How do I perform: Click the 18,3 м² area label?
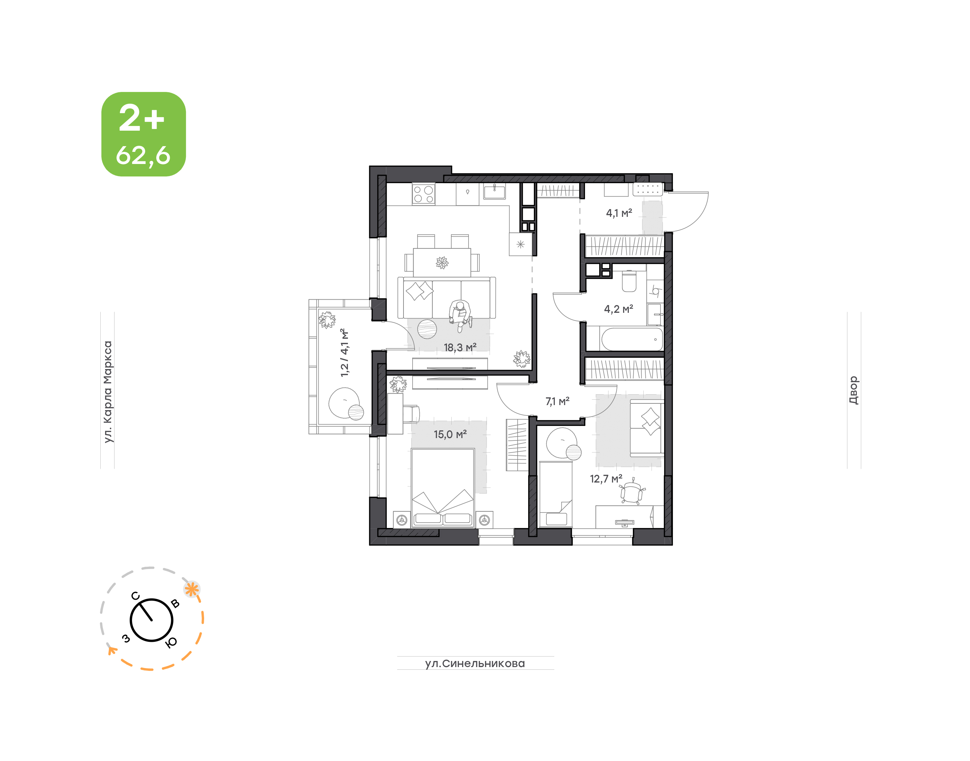(460, 348)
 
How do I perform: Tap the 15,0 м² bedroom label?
(450, 434)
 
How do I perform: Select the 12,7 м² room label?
(606, 479)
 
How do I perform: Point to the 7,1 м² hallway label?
(557, 401)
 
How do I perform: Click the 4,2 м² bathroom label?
(618, 309)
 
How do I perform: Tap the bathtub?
(632, 339)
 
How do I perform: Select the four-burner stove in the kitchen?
(423, 194)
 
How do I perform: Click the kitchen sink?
(494, 191)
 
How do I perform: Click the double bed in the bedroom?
(443, 488)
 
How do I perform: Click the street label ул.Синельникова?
(475, 663)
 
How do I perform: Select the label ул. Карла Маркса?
(107, 392)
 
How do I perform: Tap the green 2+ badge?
(143, 134)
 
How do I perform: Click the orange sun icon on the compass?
(192, 590)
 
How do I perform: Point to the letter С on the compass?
(135, 596)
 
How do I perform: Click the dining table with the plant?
(442, 262)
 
